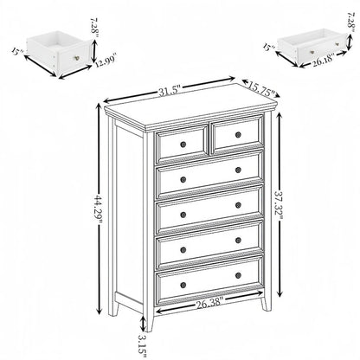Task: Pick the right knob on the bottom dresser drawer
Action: click(238, 275)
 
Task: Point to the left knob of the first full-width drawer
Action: click(183, 177)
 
